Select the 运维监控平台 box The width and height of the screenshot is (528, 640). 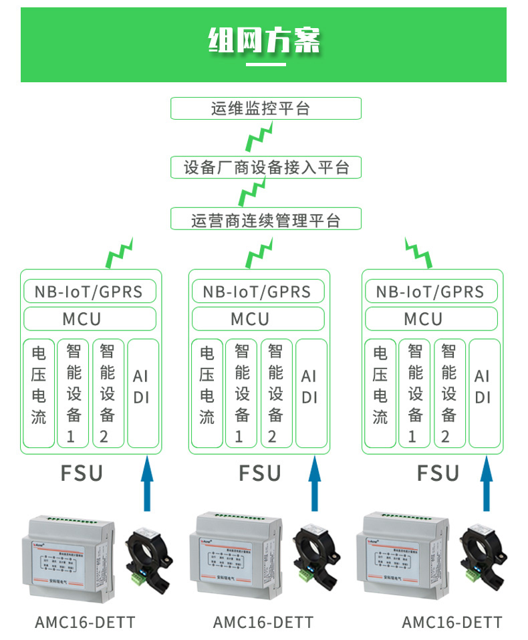pyautogui.click(x=265, y=108)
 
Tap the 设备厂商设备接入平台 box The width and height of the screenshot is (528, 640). pyautogui.click(x=265, y=167)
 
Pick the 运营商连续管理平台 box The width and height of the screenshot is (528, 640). pyautogui.click(x=265, y=219)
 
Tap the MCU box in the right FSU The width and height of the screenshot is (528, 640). pyautogui.click(x=432, y=319)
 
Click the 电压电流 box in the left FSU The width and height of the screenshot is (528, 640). pyautogui.click(x=39, y=393)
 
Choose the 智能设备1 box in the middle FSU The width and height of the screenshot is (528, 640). pyautogui.click(x=241, y=393)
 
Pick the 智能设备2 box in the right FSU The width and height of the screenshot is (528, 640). pyautogui.click(x=449, y=393)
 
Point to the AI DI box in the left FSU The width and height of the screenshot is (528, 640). pyautogui.click(x=142, y=393)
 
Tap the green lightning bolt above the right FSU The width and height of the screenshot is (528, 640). pyautogui.click(x=420, y=251)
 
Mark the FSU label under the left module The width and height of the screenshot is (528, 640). pyautogui.click(x=82, y=473)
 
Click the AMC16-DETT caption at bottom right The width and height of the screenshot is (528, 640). pyautogui.click(x=452, y=623)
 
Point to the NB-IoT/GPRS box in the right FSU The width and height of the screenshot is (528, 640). pyautogui.click(x=432, y=292)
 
